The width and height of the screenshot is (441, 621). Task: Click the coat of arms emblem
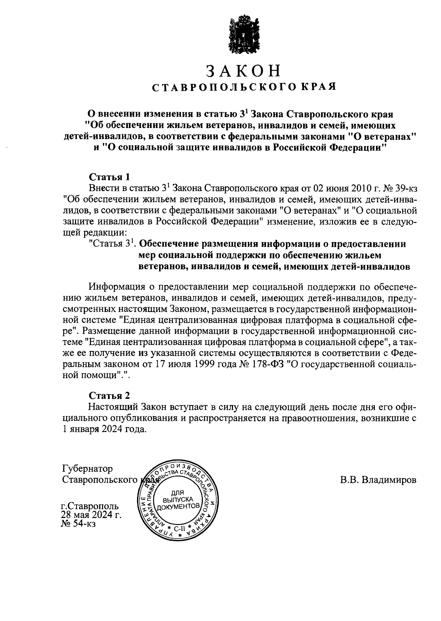[244, 34]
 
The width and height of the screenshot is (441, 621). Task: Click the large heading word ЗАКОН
[244, 71]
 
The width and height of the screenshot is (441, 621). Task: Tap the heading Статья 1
[110, 177]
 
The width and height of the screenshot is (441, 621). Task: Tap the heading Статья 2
[110, 396]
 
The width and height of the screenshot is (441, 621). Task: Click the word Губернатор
[87, 469]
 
